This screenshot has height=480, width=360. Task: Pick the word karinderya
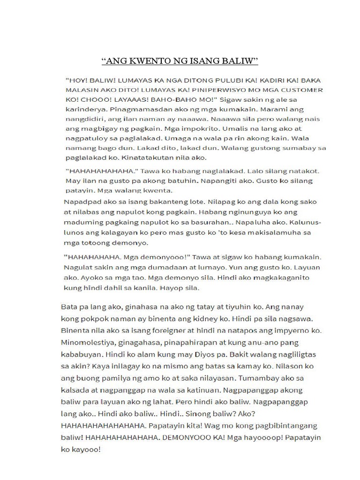coord(82,109)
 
